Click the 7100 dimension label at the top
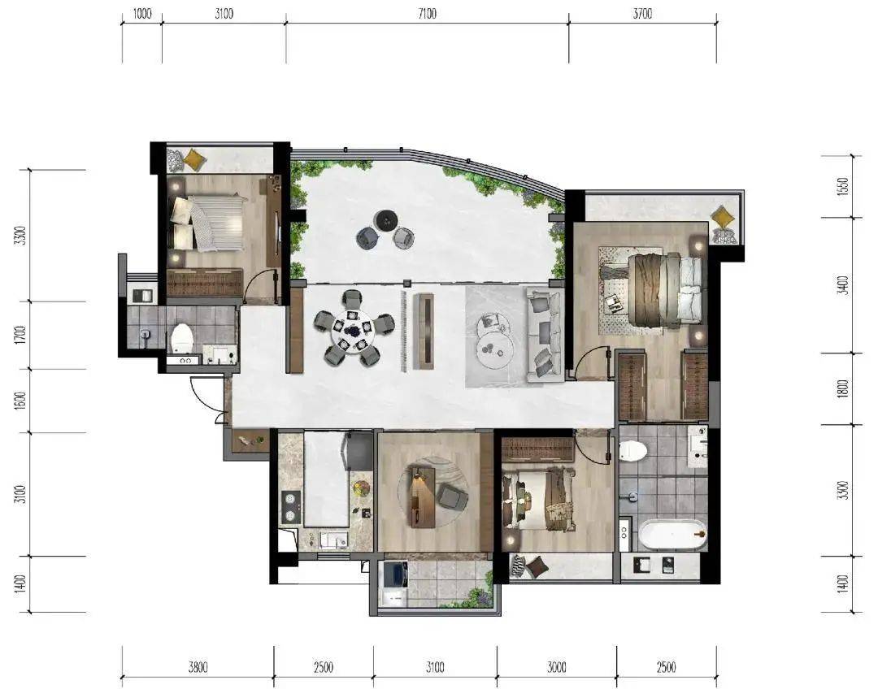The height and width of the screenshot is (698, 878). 428,14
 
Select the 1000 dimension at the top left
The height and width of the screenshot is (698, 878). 142,14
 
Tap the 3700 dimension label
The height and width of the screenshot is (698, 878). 643,14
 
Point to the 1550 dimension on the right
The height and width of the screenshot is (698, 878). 844,186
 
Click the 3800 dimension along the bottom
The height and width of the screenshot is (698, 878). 198,667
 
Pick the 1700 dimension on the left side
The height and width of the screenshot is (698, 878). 20,335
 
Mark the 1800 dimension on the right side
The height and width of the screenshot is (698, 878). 843,388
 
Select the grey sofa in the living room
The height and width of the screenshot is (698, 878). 544,335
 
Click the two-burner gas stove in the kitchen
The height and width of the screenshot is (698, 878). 290,506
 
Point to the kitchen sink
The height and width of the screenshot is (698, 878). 334,540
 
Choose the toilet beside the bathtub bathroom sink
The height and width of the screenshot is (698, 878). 633,449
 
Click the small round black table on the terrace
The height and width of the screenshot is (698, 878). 386,220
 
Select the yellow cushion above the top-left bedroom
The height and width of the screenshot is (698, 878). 193,159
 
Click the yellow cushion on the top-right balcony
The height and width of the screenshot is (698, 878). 723,215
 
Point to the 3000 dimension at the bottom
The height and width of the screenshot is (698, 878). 557,667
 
